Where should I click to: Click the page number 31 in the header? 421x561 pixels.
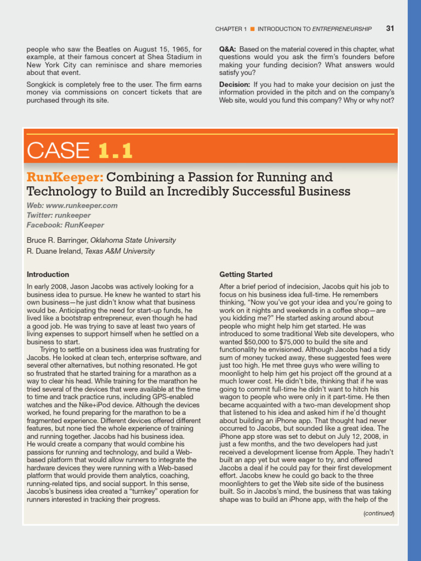point(390,28)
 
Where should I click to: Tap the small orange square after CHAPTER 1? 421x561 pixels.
point(252,29)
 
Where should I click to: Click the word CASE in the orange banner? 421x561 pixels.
point(59,150)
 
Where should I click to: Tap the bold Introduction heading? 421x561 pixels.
point(48,274)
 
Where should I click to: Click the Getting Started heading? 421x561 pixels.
point(246,274)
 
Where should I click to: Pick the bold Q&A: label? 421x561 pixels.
point(227,49)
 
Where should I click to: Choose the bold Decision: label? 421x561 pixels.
point(235,84)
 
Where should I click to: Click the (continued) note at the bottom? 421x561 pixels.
point(379,513)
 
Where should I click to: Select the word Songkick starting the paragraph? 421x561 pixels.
point(41,84)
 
